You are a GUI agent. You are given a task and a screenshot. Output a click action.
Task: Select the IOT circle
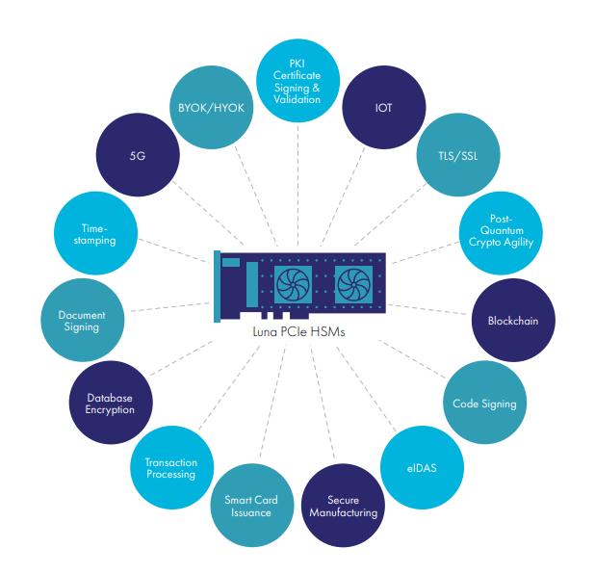pos(384,107)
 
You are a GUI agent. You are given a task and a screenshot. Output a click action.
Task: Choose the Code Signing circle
pos(484,404)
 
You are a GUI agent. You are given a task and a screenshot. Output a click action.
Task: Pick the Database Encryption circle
pos(110,403)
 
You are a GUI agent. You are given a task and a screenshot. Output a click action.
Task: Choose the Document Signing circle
pos(82,320)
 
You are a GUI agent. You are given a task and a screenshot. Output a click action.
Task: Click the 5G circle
pos(138,154)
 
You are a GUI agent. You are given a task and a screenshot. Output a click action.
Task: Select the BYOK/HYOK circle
pos(212,107)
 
